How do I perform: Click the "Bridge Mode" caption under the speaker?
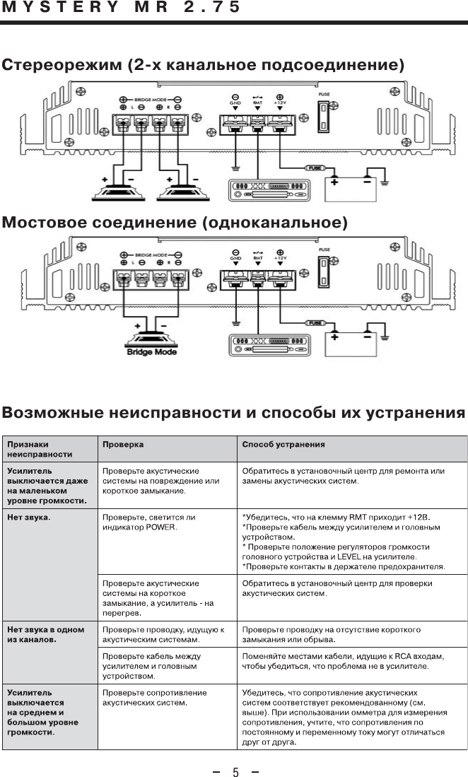point(151,351)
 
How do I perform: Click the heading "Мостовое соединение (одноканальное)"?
point(175,223)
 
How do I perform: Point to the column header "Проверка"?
point(124,445)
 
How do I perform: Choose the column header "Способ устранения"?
point(283,445)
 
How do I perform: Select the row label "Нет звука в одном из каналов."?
point(45,634)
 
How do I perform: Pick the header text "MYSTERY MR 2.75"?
point(121,8)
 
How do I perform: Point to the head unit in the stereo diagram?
point(269,191)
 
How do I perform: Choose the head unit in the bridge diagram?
point(269,346)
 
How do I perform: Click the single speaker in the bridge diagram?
point(152,337)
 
